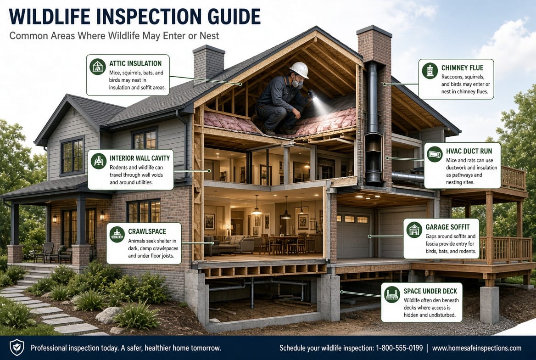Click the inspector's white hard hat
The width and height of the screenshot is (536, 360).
tap(299, 70)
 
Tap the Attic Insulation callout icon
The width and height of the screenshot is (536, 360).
tap(97, 67)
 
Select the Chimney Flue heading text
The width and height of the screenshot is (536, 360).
tap(462, 68)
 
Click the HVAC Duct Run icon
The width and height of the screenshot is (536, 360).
tap(435, 154)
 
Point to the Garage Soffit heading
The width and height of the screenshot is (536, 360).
tap(447, 227)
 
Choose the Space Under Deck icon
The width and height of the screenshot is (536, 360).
tap(392, 295)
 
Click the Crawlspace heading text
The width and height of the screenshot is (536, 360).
tap(147, 231)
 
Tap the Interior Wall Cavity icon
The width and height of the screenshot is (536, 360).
tap(99, 161)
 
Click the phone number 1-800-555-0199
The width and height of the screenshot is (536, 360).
tap(399, 348)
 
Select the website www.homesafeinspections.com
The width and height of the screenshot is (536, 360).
tap(477, 348)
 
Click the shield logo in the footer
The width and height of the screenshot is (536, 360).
tap(17, 348)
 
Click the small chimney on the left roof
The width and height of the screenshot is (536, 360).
tap(208, 63)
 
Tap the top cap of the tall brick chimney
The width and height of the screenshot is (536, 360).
tap(374, 31)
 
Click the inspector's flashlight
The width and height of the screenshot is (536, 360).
tap(312, 94)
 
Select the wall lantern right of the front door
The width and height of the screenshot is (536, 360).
tap(102, 216)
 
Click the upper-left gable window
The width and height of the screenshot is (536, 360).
tap(72, 156)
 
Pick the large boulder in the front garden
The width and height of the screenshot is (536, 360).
tap(108, 315)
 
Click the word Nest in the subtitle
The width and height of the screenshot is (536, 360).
tap(209, 36)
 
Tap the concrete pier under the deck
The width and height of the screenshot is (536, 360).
tap(490, 304)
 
